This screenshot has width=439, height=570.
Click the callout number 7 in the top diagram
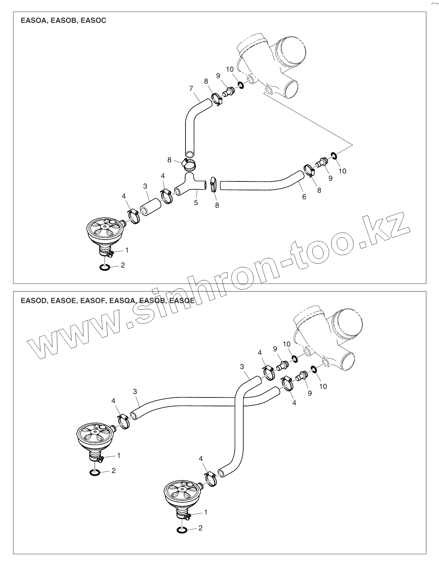[191, 89]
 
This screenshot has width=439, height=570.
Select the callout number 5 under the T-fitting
[196, 203]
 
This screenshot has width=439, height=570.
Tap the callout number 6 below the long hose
[304, 197]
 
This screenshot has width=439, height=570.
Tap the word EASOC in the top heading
[94, 21]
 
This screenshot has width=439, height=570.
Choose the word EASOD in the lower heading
[33, 301]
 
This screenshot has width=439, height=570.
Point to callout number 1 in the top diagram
[127, 250]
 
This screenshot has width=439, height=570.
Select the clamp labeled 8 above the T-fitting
[189, 165]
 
